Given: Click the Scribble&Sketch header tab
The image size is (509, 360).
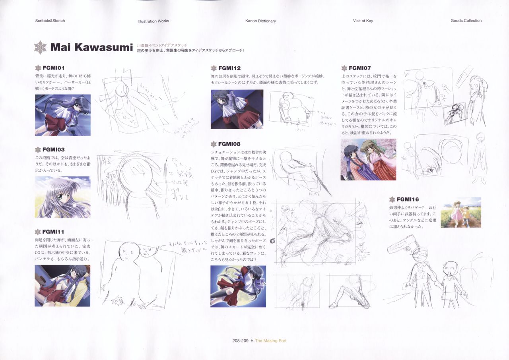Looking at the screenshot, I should [50, 21].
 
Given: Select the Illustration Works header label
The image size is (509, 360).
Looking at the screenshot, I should [153, 21].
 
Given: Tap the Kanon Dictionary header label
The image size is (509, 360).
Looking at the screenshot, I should [260, 21].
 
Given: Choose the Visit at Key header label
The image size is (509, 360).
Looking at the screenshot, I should [363, 21].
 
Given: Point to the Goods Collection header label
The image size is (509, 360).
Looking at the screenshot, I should [466, 21].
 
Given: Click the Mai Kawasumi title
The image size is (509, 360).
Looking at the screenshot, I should [91, 48].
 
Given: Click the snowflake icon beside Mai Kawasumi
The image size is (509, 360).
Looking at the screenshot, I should [40, 48].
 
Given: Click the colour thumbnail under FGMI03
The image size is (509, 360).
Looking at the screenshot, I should [62, 197].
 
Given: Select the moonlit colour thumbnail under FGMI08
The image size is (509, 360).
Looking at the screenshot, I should [238, 286].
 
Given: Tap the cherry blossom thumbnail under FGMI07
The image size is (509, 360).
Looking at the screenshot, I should [368, 159].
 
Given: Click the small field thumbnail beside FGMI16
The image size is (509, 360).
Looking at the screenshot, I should [460, 212].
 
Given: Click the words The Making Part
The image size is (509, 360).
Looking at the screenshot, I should [270, 341].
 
